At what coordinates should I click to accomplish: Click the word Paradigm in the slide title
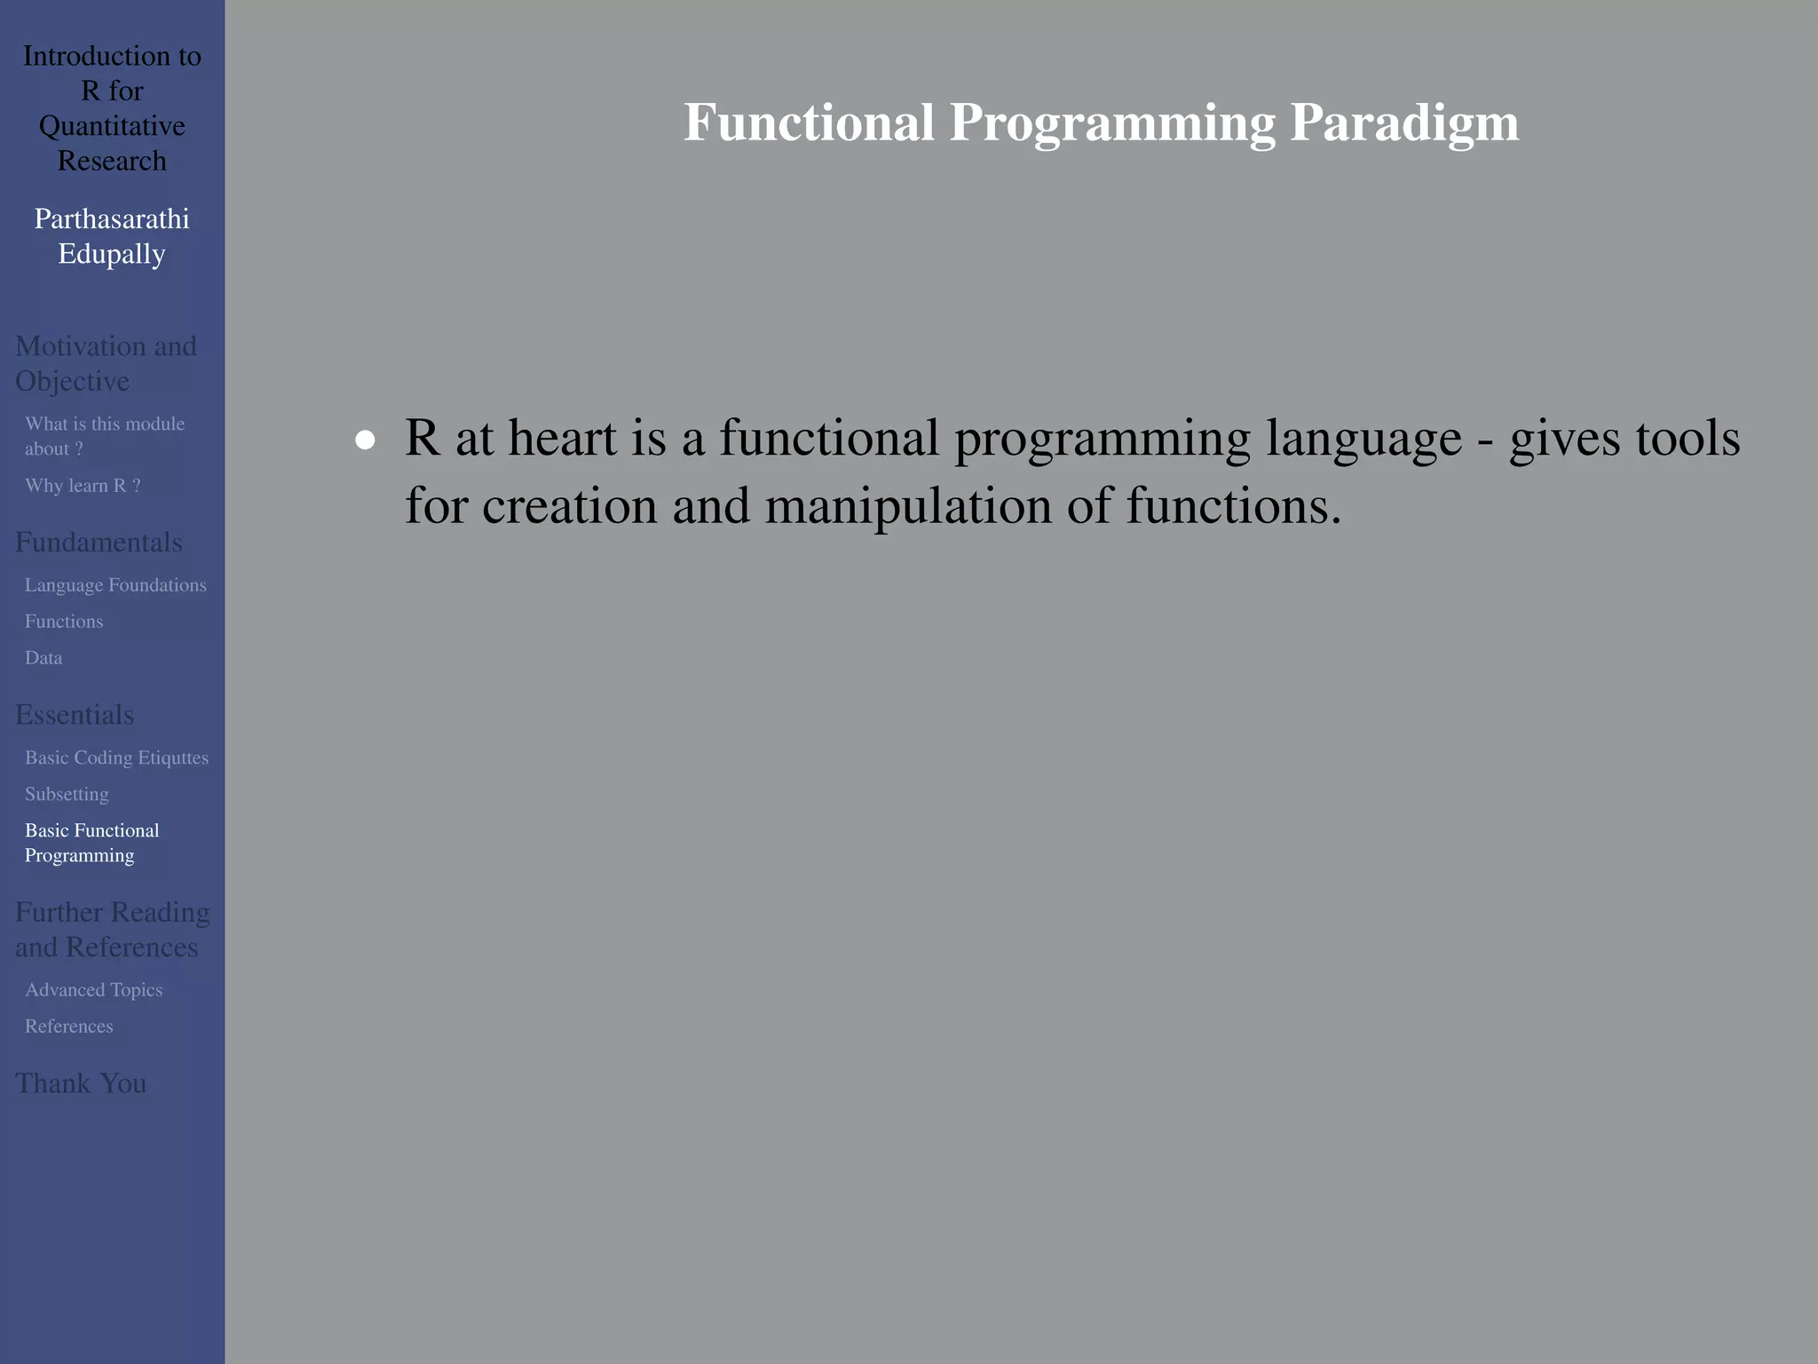pyautogui.click(x=1404, y=123)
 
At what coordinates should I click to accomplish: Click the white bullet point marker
pyautogui.click(x=365, y=440)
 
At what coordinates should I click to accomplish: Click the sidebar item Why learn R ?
pyautogui.click(x=83, y=486)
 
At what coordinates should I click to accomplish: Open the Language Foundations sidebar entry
pyautogui.click(x=115, y=585)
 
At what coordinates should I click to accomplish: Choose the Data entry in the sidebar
pyautogui.click(x=43, y=658)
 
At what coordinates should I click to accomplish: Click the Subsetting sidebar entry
pyautogui.click(x=67, y=794)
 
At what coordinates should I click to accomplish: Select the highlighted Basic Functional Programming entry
pyautogui.click(x=91, y=843)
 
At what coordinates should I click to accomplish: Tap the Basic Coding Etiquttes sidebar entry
pyautogui.click(x=116, y=757)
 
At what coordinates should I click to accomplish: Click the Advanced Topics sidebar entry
pyautogui.click(x=93, y=989)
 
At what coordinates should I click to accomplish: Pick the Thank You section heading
pyautogui.click(x=81, y=1083)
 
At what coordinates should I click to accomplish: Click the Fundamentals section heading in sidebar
pyautogui.click(x=99, y=543)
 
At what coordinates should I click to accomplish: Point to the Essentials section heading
pyautogui.click(x=75, y=715)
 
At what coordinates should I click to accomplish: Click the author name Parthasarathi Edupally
pyautogui.click(x=112, y=236)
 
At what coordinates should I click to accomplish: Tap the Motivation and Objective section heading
pyautogui.click(x=105, y=363)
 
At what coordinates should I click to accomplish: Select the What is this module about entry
pyautogui.click(x=104, y=436)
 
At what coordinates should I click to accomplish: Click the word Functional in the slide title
pyautogui.click(x=809, y=123)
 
